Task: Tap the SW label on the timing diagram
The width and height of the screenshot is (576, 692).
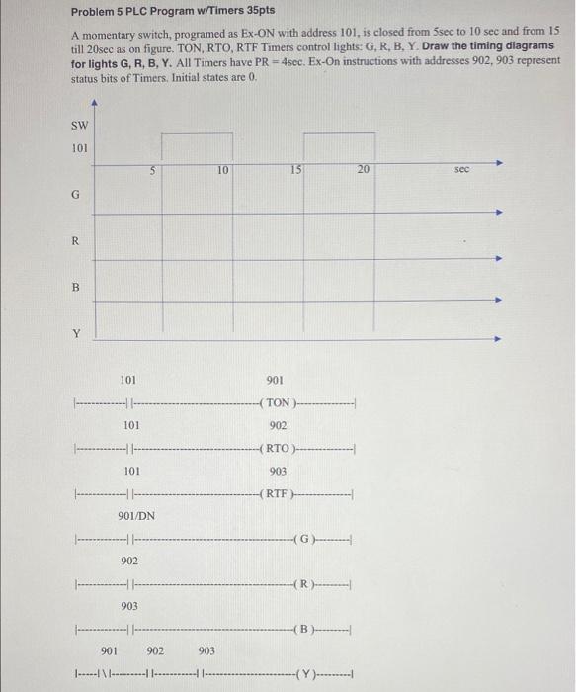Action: pos(79,126)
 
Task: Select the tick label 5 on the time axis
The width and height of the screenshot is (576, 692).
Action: pos(153,170)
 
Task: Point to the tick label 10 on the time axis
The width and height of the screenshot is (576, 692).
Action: pos(224,170)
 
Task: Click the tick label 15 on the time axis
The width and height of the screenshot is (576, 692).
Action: pos(295,170)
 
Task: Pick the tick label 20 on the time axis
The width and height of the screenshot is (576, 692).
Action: pos(364,170)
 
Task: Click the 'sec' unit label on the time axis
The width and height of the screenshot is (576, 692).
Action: pos(462,170)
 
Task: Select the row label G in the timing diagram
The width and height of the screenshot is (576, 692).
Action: pos(75,195)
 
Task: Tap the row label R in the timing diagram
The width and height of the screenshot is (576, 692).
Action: pos(75,241)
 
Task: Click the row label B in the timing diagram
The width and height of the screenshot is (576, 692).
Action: pos(75,288)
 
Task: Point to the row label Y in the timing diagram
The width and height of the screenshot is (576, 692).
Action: pos(75,333)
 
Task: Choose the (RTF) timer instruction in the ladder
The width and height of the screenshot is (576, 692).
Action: pos(276,494)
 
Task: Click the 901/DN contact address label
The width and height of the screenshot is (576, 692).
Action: pos(135,516)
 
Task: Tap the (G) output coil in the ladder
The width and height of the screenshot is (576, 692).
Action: pos(306,539)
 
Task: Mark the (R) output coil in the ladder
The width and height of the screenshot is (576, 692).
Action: pos(306,584)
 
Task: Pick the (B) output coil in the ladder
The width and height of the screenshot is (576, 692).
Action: pos(306,630)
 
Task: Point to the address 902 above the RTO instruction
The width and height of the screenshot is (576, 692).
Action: pos(278,426)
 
